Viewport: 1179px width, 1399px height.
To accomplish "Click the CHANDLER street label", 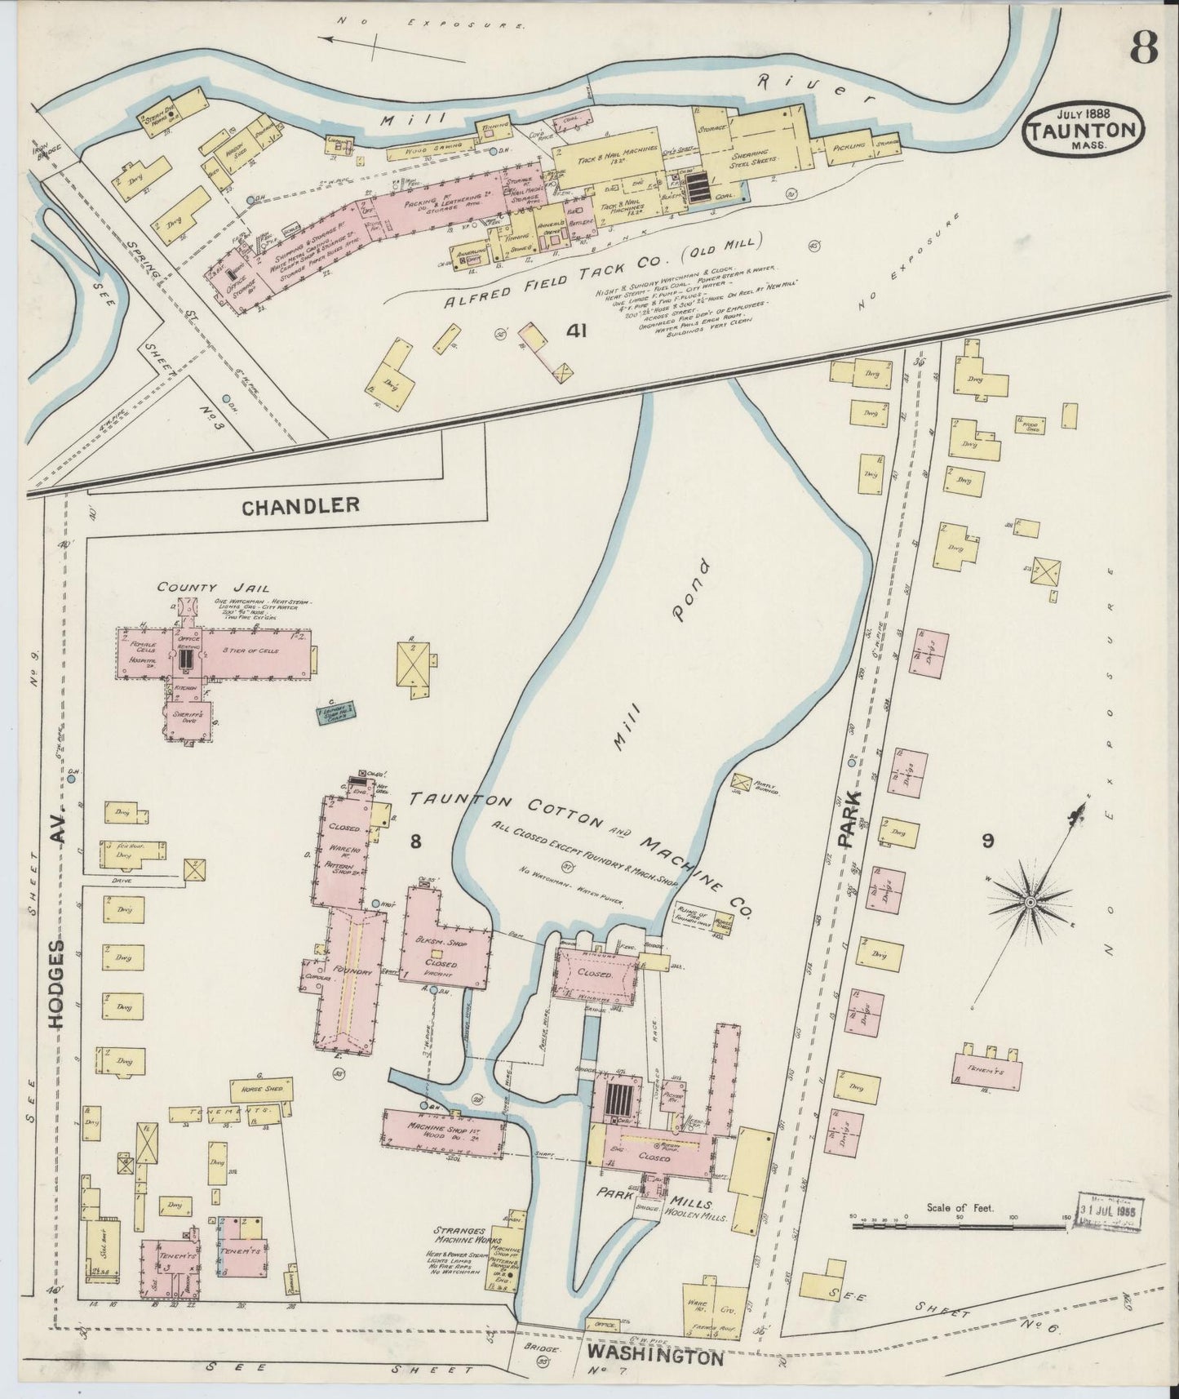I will [x=300, y=506].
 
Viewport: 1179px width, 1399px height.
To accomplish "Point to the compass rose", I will [x=1031, y=901].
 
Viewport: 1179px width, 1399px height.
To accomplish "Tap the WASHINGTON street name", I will [x=654, y=1357].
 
